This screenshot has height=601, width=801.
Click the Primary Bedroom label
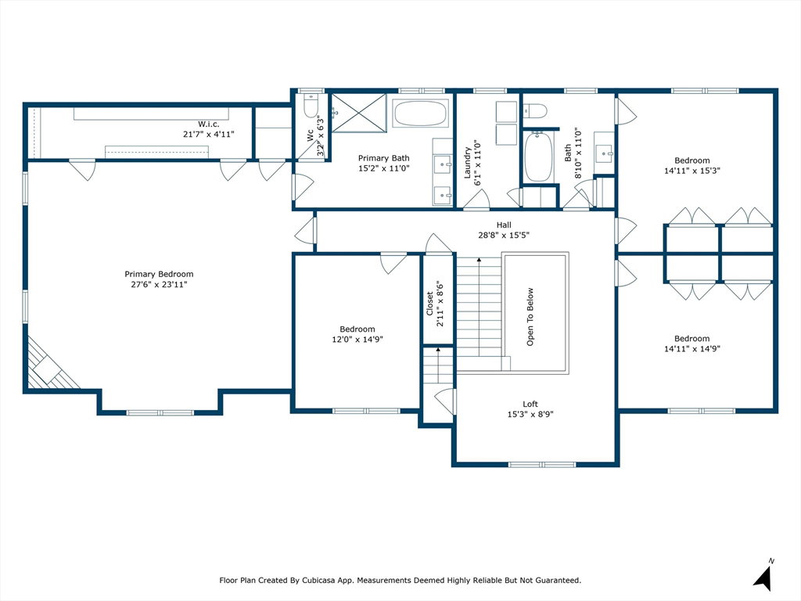pos(159,274)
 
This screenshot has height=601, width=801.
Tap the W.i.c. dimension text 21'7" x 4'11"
pos(208,135)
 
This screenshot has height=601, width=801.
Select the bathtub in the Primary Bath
pos(420,113)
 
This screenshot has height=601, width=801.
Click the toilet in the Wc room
pos(311,106)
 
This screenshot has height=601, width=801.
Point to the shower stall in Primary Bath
pos(359,113)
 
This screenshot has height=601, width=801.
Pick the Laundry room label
pos(467,163)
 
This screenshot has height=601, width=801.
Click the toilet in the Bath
pos(535,110)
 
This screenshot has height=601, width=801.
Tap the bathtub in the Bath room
pos(538,157)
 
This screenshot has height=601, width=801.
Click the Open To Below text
pos(530,317)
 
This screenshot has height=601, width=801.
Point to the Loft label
pos(530,405)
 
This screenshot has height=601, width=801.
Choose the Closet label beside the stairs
pos(429,304)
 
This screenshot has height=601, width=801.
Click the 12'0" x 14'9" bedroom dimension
pos(357,340)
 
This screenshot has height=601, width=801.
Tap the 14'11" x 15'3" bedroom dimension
pos(692,171)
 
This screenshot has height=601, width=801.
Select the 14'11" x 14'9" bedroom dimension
pos(692,349)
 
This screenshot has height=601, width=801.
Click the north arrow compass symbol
pos(764,576)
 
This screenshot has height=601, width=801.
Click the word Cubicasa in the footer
pos(319,581)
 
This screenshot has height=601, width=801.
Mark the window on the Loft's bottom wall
pos(542,465)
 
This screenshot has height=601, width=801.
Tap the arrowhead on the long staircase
pos(480,260)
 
